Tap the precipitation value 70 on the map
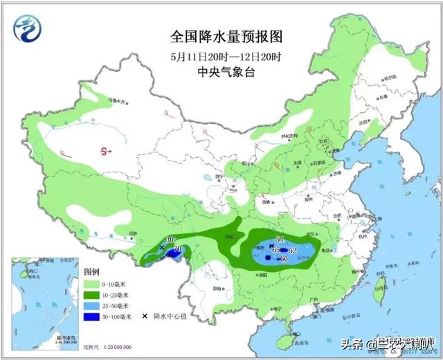177,249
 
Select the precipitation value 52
293,250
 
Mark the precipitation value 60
282,259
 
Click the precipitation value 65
275,249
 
